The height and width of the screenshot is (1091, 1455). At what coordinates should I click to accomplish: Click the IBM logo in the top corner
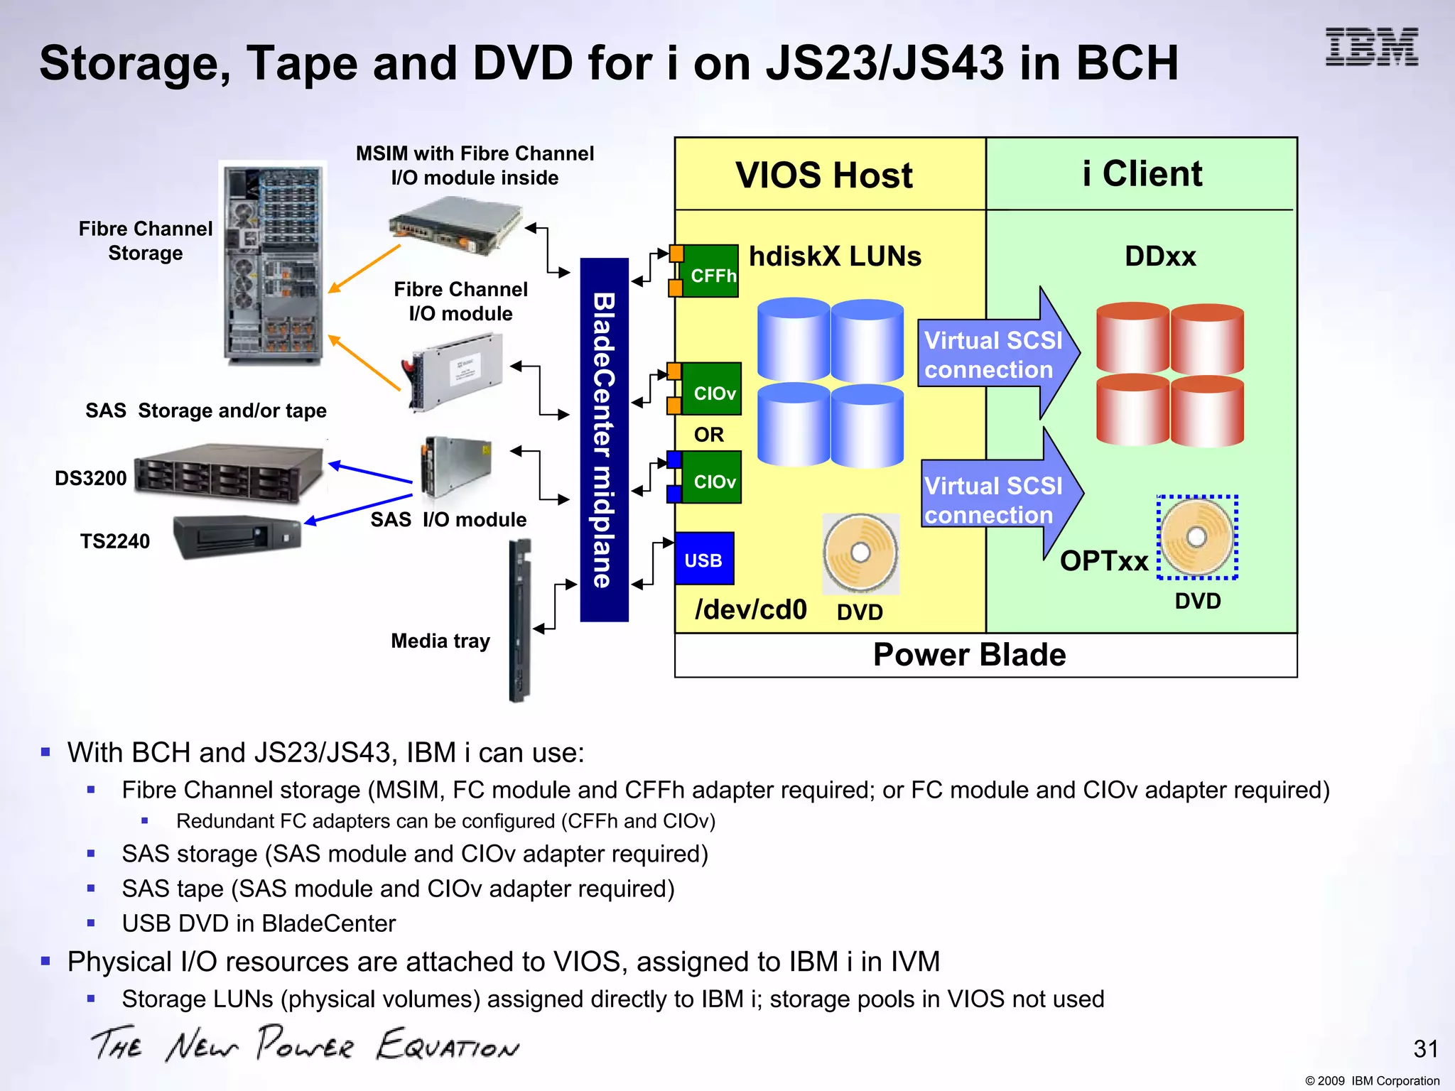(x=1371, y=48)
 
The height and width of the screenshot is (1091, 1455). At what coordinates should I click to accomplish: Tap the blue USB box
(x=703, y=559)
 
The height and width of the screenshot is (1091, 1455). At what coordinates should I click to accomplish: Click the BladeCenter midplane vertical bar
(x=604, y=440)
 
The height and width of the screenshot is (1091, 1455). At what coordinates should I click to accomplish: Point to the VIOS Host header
(x=823, y=175)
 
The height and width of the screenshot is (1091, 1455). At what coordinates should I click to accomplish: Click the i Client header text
(x=1142, y=173)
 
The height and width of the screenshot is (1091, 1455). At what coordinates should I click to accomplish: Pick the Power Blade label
(x=969, y=655)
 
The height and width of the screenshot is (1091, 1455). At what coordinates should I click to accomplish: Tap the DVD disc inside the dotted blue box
(x=1197, y=537)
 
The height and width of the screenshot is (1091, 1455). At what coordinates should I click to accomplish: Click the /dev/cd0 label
(x=751, y=609)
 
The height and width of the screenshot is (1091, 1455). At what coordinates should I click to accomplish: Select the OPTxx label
(x=1104, y=561)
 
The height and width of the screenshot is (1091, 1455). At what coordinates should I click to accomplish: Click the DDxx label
(x=1160, y=256)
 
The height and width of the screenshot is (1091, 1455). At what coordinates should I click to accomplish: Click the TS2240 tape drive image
(x=238, y=536)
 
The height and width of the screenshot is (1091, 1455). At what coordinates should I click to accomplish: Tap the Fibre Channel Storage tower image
(x=273, y=263)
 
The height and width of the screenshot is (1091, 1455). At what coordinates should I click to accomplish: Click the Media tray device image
(x=519, y=620)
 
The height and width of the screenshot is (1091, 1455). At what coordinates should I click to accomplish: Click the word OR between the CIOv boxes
(x=708, y=435)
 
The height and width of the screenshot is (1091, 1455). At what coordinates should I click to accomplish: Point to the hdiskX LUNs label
(x=835, y=256)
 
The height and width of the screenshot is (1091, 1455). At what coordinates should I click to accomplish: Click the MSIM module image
(x=455, y=226)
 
